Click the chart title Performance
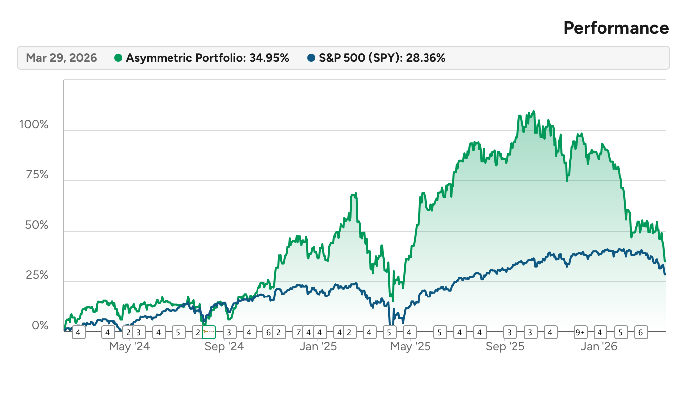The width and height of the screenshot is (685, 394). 616,28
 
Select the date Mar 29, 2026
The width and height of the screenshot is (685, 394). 62,58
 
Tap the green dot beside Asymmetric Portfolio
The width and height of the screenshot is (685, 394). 118,58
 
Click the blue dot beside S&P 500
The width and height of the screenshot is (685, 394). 311,58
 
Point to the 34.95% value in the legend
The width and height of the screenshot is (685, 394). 270,58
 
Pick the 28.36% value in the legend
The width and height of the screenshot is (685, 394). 427,58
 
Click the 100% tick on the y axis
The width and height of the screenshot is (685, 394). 34,124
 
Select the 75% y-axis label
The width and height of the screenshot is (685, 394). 36,175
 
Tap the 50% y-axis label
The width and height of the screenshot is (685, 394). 36,225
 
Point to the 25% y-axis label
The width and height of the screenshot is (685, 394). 36,276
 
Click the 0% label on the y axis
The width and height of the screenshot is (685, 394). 40,326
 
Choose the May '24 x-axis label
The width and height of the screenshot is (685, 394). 129,347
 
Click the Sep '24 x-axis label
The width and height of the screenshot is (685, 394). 224,347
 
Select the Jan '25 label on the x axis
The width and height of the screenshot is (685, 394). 318,347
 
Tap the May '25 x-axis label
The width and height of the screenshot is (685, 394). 411,347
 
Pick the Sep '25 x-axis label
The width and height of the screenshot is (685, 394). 506,347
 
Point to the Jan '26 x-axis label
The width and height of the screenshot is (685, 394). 599,347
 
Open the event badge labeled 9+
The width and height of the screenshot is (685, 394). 580,332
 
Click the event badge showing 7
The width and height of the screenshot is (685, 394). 299,332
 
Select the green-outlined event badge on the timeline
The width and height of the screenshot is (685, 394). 209,332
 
